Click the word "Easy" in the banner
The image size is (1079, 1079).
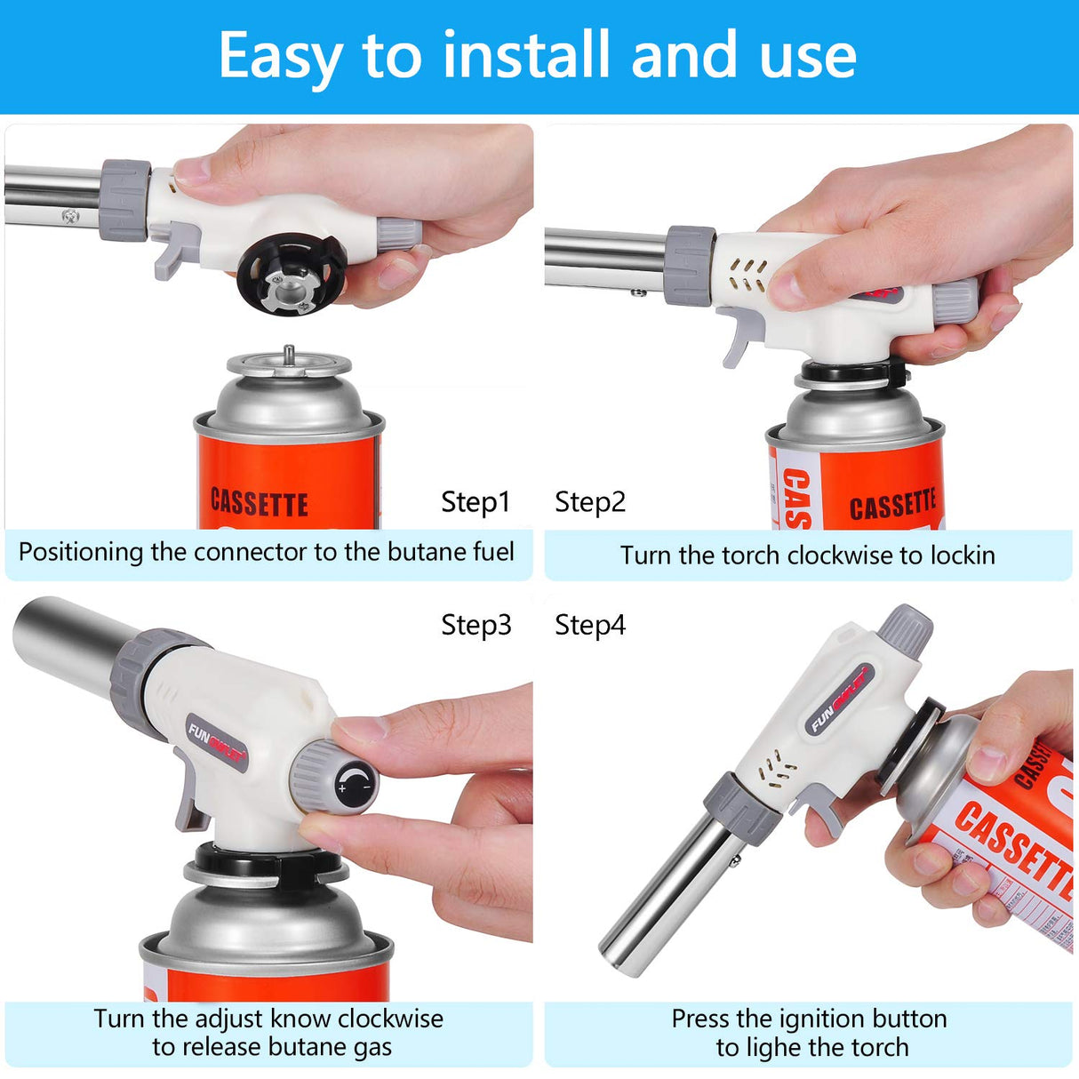click(281, 57)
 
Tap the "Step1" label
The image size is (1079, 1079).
click(476, 502)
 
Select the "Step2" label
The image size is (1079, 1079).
click(590, 502)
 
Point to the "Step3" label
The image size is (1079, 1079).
click(476, 626)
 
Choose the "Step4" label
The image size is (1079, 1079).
click(590, 626)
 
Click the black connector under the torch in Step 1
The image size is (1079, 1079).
click(292, 276)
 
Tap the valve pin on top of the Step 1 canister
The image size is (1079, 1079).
click(289, 355)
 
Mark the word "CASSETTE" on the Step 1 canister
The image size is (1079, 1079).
click(259, 503)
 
